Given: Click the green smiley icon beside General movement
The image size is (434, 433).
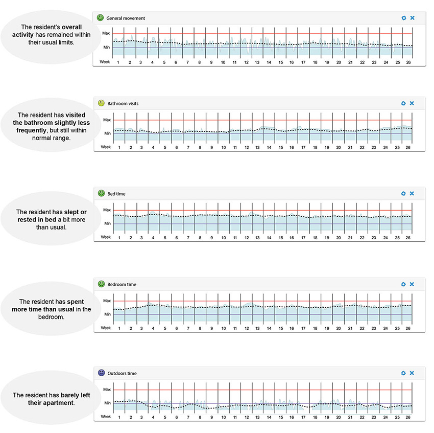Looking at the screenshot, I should pyautogui.click(x=101, y=17).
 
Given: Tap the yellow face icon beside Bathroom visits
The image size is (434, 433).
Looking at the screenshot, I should pyautogui.click(x=101, y=103).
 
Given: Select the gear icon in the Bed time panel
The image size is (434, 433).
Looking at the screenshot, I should pyautogui.click(x=403, y=194).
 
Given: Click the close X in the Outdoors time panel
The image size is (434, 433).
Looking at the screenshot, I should pyautogui.click(x=412, y=374).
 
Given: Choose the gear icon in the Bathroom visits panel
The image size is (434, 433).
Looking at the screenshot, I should pyautogui.click(x=403, y=103).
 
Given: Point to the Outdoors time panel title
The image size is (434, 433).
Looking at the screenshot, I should pyautogui.click(x=122, y=374).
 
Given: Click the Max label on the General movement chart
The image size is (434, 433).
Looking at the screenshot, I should pyautogui.click(x=106, y=33).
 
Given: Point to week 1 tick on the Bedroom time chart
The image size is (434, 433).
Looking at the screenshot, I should pyautogui.click(x=119, y=328).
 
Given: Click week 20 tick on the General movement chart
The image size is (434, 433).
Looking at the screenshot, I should pyautogui.click(x=339, y=62).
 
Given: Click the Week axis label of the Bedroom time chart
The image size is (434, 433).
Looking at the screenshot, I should pyautogui.click(x=105, y=328).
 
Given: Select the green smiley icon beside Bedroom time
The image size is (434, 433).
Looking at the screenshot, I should pyautogui.click(x=101, y=284).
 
